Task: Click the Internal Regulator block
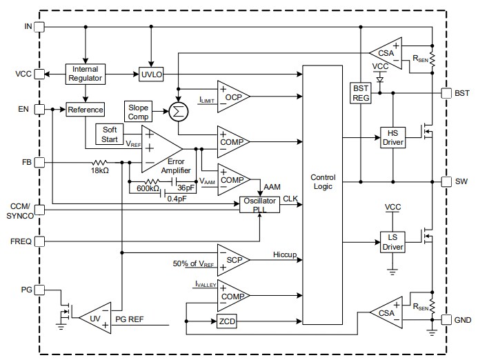85,74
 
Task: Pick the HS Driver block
392,137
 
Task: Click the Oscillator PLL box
259,205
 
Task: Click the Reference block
85,109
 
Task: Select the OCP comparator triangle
230,97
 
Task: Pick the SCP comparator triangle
230,259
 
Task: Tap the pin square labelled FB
39,163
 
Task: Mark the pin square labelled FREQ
39,241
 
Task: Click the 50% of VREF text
194,265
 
